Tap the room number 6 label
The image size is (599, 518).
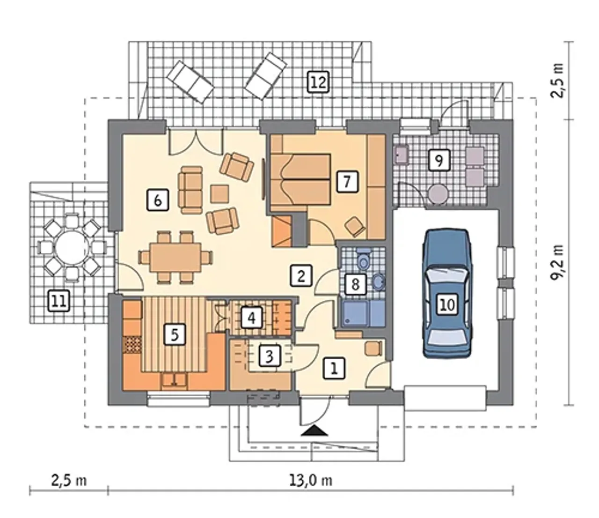coord(157,200)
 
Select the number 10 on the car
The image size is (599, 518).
coord(447,305)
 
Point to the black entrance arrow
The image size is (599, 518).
coord(314,431)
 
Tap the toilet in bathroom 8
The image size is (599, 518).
coord(363,259)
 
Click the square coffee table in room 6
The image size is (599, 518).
coord(220,193)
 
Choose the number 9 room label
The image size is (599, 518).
coord(439,160)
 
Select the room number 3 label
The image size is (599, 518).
coord(270,356)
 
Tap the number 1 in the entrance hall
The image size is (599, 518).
coord(334,369)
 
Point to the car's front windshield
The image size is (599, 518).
coord(447,276)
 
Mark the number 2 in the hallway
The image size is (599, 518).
coord(301,275)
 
